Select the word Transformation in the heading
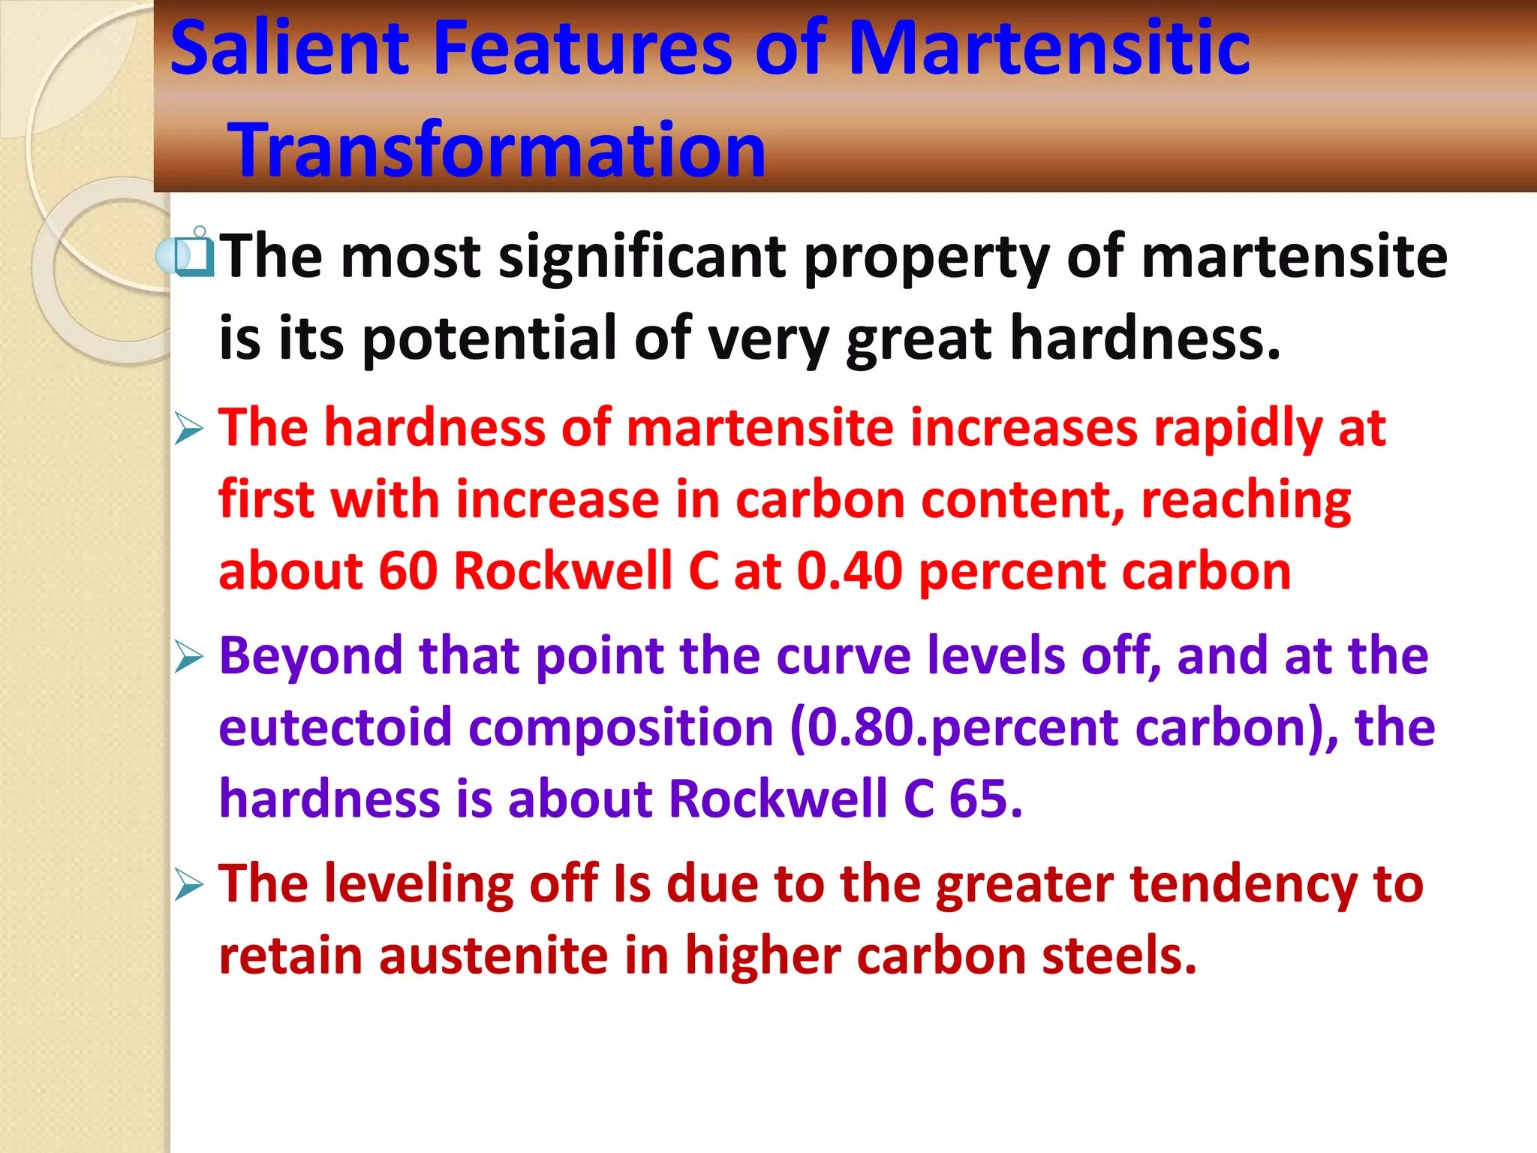point(498,150)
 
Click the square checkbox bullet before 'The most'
point(192,257)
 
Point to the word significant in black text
point(642,257)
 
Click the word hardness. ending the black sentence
point(1144,339)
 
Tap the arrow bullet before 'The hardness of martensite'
point(189,429)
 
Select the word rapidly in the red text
point(1238,429)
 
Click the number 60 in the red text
point(408,572)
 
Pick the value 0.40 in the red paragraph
point(849,572)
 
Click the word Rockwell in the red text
point(563,572)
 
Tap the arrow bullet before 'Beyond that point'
point(189,657)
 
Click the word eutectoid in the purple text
point(335,728)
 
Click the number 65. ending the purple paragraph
point(985,799)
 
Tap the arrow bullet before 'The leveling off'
point(189,885)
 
